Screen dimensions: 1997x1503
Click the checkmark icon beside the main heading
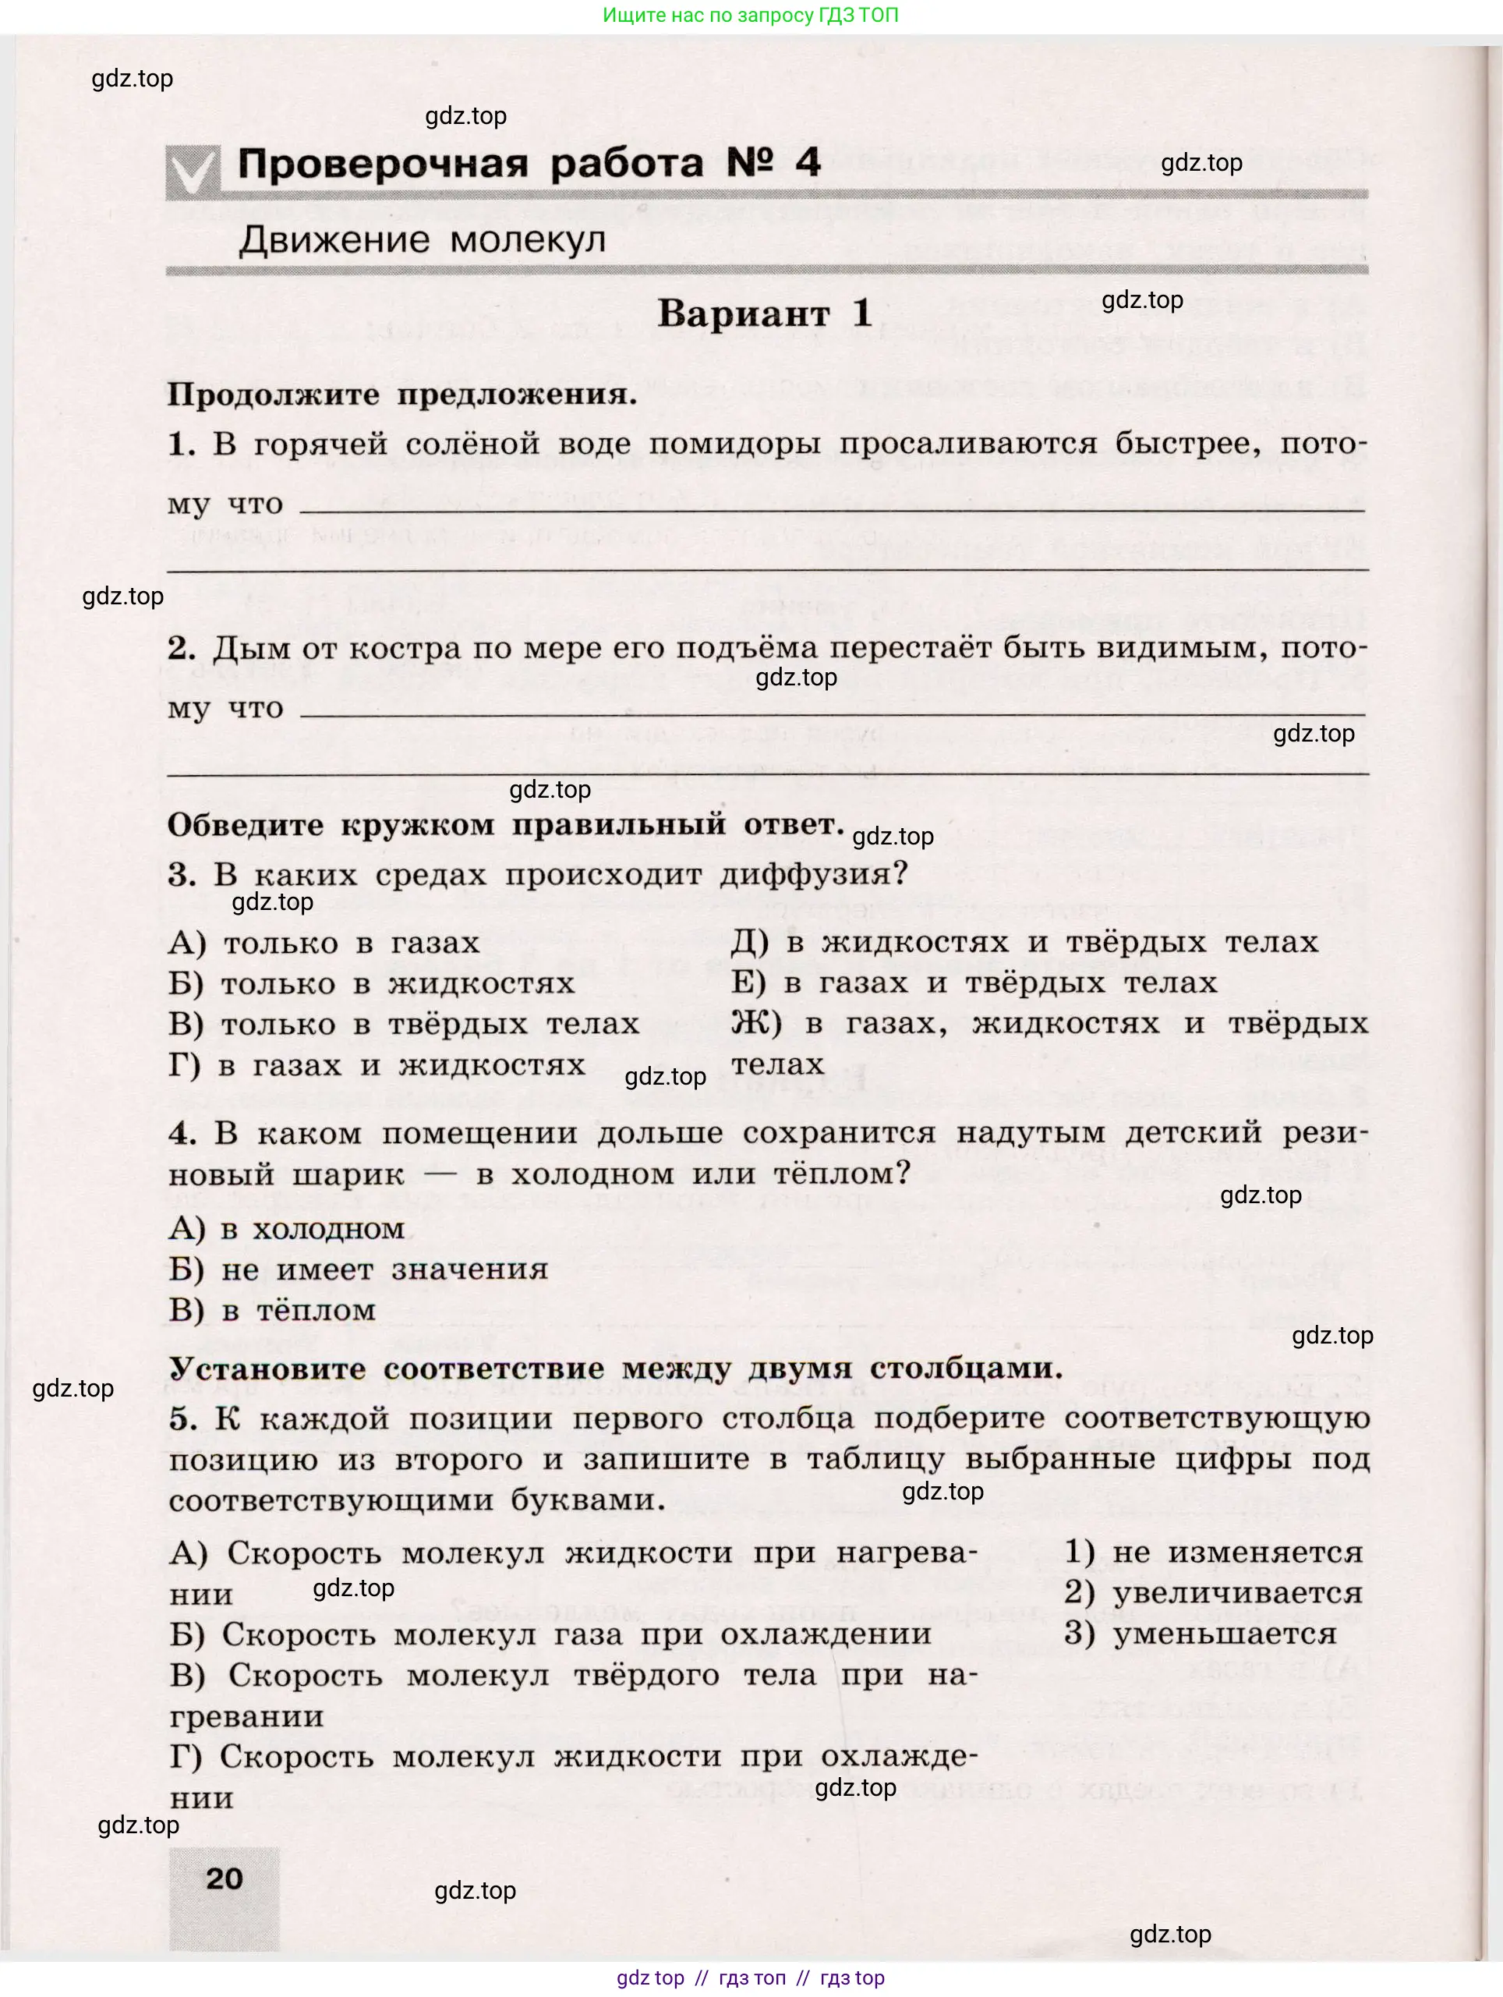(x=193, y=172)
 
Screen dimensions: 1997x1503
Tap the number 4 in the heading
(x=808, y=162)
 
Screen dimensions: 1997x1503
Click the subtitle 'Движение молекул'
(x=422, y=240)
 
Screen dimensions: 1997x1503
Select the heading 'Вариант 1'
(x=764, y=313)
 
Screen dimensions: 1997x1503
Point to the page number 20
(x=224, y=1878)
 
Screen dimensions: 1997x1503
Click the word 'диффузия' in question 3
(x=812, y=874)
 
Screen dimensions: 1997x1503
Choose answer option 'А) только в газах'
(x=324, y=944)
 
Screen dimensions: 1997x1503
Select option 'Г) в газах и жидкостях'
(x=377, y=1065)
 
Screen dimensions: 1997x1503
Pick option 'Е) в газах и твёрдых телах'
(x=974, y=983)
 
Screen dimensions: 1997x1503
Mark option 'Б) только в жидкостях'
(x=371, y=984)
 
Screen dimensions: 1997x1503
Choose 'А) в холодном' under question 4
(x=286, y=1229)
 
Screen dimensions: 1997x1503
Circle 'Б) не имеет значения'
(x=359, y=1269)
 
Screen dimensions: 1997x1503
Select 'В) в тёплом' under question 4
(x=272, y=1310)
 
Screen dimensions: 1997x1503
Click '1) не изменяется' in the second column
(x=1213, y=1552)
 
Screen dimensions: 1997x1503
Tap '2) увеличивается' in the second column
(x=1213, y=1592)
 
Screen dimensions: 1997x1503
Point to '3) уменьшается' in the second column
(x=1200, y=1633)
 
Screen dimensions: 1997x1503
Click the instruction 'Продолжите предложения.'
(x=401, y=395)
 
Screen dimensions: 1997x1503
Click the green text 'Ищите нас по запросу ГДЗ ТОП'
(x=750, y=16)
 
